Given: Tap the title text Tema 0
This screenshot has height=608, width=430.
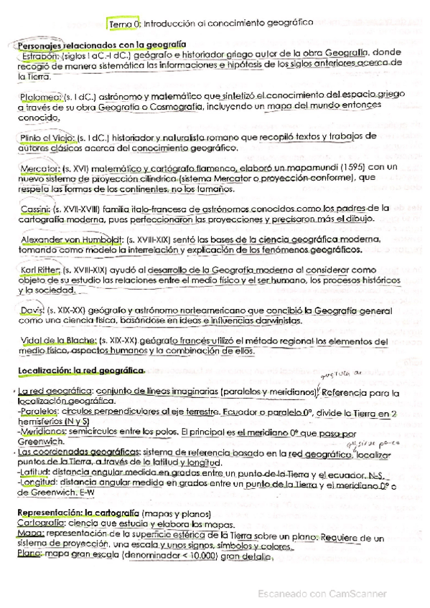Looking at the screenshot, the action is [x=125, y=23].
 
